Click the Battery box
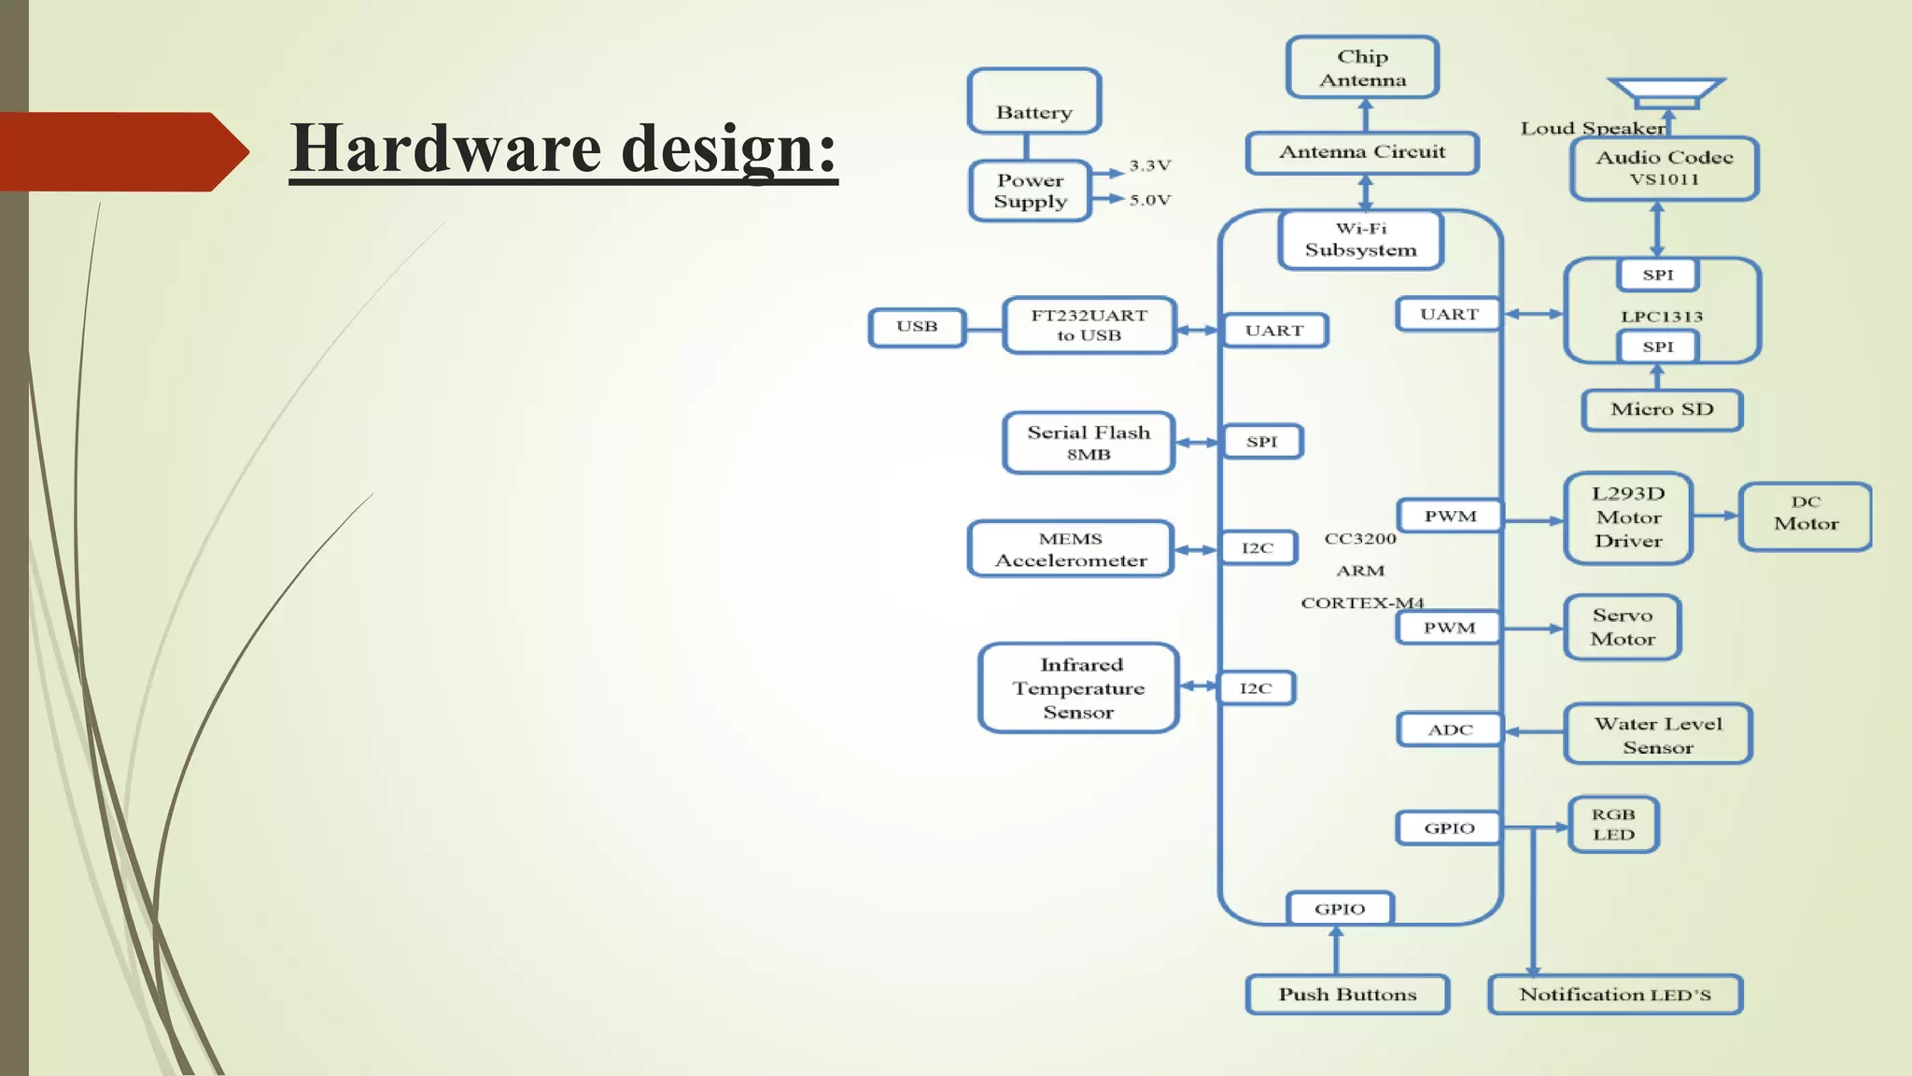click(1033, 101)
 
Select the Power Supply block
click(1030, 191)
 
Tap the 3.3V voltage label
click(1149, 165)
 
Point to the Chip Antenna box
click(1362, 67)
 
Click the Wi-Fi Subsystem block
click(1360, 239)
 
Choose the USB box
click(917, 327)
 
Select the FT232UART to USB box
click(1089, 325)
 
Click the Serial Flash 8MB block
click(1089, 443)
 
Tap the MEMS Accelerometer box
click(1071, 549)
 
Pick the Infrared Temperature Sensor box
click(1078, 687)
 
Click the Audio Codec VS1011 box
click(1664, 168)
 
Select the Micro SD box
click(1662, 409)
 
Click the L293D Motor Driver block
click(1628, 517)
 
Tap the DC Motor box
click(1806, 516)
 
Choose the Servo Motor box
click(1623, 628)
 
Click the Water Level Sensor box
click(1658, 734)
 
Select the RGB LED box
click(1613, 825)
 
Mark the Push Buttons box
click(1347, 994)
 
